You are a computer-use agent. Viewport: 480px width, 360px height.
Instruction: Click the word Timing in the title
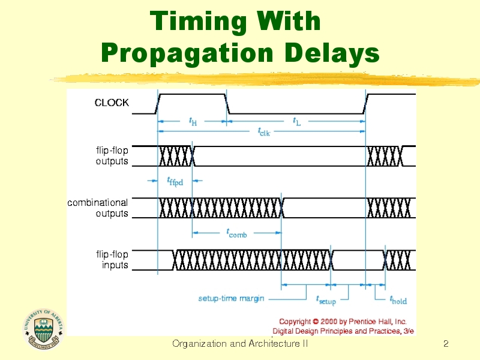[x=198, y=22]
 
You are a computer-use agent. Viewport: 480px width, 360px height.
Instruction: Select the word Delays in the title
[x=332, y=53]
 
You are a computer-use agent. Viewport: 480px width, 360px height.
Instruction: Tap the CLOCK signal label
[x=112, y=103]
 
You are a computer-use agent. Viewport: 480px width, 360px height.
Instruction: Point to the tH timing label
[x=193, y=122]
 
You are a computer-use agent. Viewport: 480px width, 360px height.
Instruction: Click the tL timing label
[x=297, y=122]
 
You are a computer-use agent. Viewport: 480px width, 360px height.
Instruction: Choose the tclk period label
[x=264, y=132]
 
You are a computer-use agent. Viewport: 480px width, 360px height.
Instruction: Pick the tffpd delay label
[x=175, y=181]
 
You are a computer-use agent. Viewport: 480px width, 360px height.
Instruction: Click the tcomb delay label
[x=236, y=233]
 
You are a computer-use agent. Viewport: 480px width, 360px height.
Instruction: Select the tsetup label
[x=326, y=300]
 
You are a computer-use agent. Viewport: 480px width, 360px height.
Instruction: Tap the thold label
[x=398, y=300]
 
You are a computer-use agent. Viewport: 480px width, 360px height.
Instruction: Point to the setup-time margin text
[x=231, y=298]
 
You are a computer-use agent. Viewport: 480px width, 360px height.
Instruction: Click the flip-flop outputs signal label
[x=112, y=156]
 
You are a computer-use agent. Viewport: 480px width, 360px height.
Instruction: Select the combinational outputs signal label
[x=98, y=208]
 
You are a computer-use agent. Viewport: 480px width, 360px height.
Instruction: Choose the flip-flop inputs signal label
[x=112, y=260]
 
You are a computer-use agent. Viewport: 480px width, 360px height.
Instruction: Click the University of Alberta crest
[x=43, y=329]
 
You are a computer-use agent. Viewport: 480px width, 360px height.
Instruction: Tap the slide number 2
[x=446, y=344]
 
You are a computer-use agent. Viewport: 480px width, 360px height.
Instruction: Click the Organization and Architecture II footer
[x=240, y=344]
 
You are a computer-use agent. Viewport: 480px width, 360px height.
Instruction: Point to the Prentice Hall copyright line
[x=343, y=322]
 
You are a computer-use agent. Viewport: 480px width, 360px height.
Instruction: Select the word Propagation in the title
[x=187, y=53]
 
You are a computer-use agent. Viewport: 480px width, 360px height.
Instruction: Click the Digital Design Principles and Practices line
[x=343, y=331]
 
